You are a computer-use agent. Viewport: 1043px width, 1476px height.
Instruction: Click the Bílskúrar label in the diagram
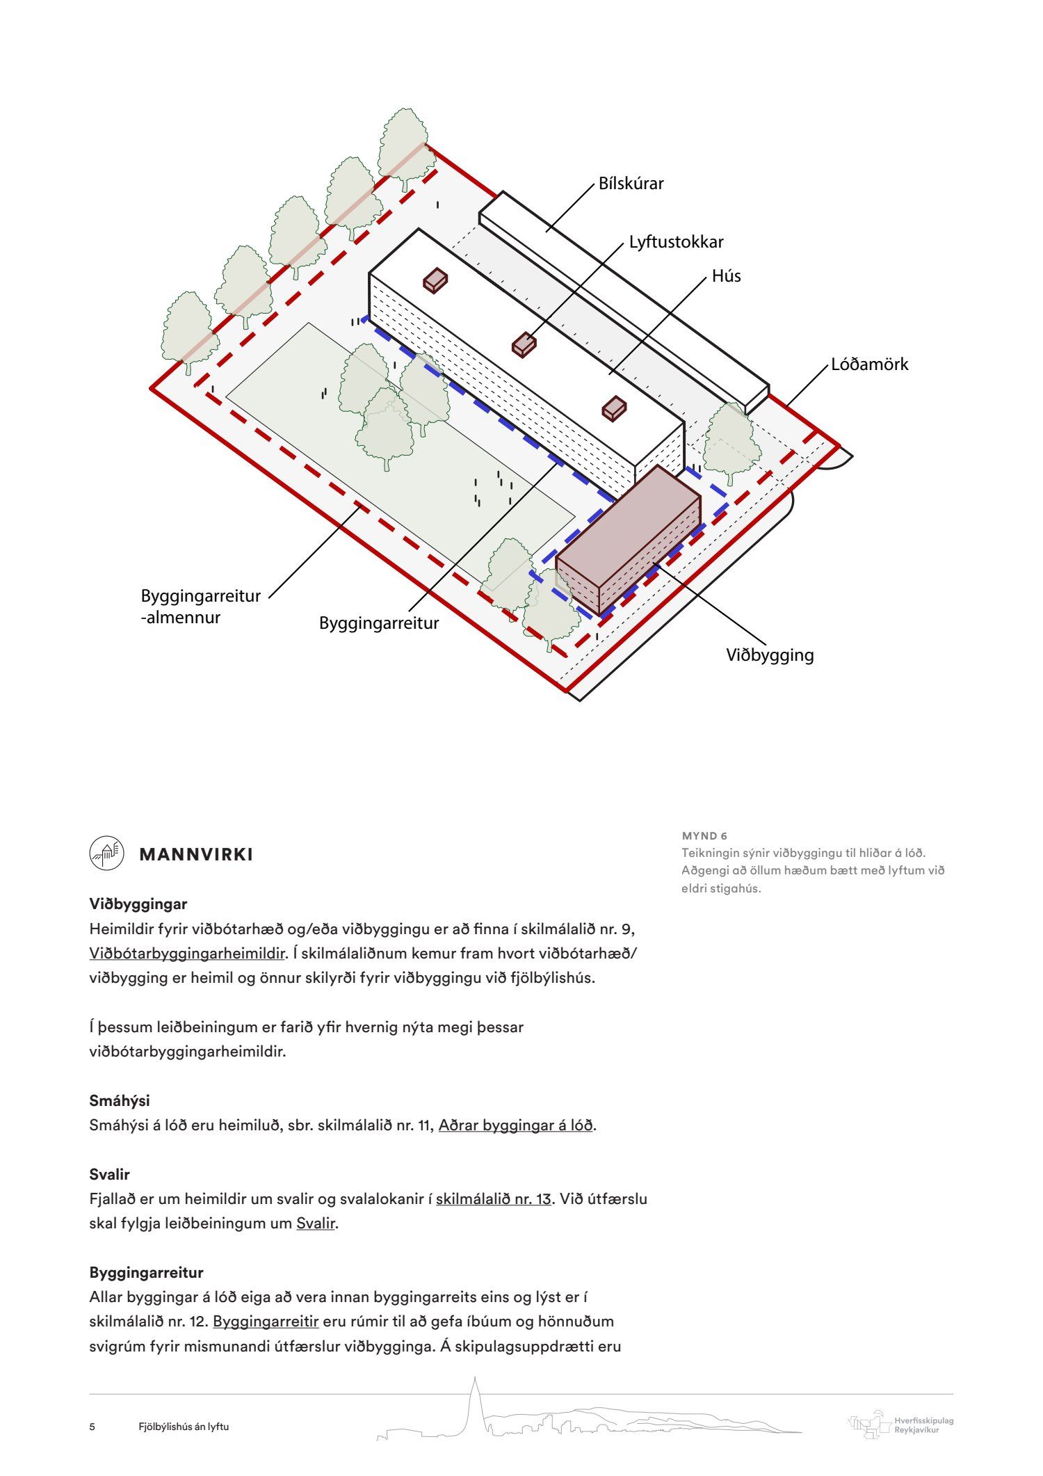(x=631, y=184)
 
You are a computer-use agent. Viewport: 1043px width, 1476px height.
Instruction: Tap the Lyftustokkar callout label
(x=676, y=242)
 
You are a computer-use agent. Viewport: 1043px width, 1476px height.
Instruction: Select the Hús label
(x=726, y=276)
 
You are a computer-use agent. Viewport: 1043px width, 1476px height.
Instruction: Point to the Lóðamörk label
(x=869, y=364)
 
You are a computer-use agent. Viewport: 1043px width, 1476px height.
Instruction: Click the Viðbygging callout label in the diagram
(x=770, y=655)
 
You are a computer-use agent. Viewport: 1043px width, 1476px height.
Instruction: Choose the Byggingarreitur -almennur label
(x=200, y=607)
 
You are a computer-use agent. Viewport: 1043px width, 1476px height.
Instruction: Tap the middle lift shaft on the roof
(x=524, y=344)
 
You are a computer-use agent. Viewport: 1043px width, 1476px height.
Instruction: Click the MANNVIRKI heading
(x=196, y=854)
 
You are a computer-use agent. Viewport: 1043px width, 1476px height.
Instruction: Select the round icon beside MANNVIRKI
(x=106, y=853)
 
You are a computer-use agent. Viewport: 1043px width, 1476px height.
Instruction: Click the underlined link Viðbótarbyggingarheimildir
(x=187, y=953)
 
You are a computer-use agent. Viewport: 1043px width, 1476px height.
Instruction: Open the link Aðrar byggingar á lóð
(x=515, y=1125)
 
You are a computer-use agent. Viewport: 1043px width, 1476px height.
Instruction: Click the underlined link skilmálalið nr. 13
(x=493, y=1198)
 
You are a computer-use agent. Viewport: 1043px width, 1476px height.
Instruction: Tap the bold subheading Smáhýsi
(x=120, y=1100)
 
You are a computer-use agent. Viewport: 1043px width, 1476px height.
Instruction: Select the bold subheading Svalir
(x=109, y=1174)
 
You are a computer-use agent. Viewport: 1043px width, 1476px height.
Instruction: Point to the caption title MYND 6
(x=704, y=835)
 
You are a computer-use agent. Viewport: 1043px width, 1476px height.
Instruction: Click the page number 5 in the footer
(x=92, y=1427)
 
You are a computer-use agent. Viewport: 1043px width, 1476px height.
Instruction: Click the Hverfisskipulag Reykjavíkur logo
(x=900, y=1425)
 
